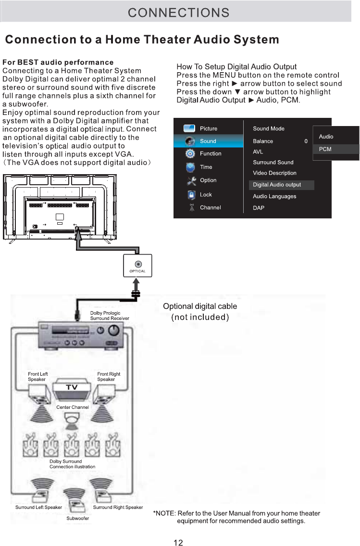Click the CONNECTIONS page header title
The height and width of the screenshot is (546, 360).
click(178, 13)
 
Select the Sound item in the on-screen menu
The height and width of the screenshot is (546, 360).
click(208, 141)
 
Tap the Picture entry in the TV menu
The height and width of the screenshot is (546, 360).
click(209, 128)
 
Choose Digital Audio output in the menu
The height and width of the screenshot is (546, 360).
click(277, 185)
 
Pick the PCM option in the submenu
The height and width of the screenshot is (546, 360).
click(325, 149)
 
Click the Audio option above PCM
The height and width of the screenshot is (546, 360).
click(326, 137)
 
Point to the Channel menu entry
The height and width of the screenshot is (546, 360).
click(211, 207)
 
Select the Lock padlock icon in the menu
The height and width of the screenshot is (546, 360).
click(191, 195)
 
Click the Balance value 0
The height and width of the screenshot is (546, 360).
click(306, 141)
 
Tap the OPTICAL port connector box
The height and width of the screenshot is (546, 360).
click(138, 267)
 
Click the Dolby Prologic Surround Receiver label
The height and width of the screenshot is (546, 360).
click(110, 316)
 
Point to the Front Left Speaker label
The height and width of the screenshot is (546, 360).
click(38, 377)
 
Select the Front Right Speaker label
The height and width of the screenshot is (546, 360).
click(109, 377)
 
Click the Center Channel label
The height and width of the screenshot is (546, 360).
click(73, 407)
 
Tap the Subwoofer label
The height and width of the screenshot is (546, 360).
click(77, 518)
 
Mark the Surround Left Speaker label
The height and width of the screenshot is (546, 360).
click(38, 507)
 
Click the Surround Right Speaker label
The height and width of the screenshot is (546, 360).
click(118, 507)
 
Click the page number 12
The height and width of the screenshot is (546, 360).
click(178, 543)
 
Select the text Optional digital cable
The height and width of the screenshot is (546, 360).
click(200, 306)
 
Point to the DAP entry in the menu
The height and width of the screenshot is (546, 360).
click(259, 208)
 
